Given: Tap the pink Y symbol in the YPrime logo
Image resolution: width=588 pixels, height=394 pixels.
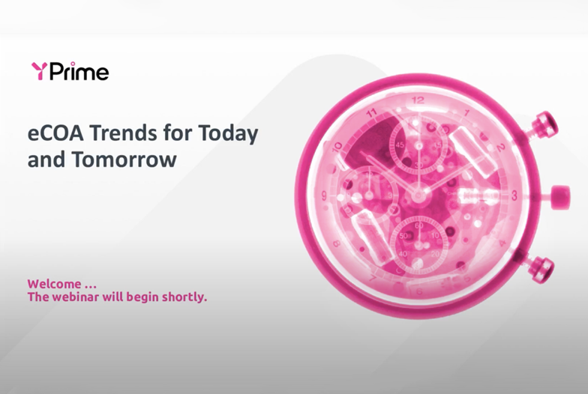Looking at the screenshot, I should pyautogui.click(x=40, y=71).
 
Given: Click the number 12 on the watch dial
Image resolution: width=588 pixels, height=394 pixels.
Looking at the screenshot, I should pyautogui.click(x=418, y=100).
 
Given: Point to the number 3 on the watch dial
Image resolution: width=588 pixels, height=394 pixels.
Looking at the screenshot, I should pyautogui.click(x=514, y=195).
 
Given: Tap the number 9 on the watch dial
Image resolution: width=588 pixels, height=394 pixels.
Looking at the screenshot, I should pyautogui.click(x=324, y=196).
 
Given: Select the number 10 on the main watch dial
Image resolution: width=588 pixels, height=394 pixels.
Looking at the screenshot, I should pyautogui.click(x=337, y=146).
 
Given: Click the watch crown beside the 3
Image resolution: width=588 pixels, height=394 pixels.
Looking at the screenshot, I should pyautogui.click(x=559, y=196).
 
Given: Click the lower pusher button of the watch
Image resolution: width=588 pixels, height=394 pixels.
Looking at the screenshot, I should pyautogui.click(x=541, y=268).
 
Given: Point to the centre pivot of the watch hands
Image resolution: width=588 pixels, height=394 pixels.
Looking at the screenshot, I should pyautogui.click(x=418, y=195).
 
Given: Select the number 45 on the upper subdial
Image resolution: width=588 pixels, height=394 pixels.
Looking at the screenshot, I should pyautogui.click(x=400, y=145).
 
